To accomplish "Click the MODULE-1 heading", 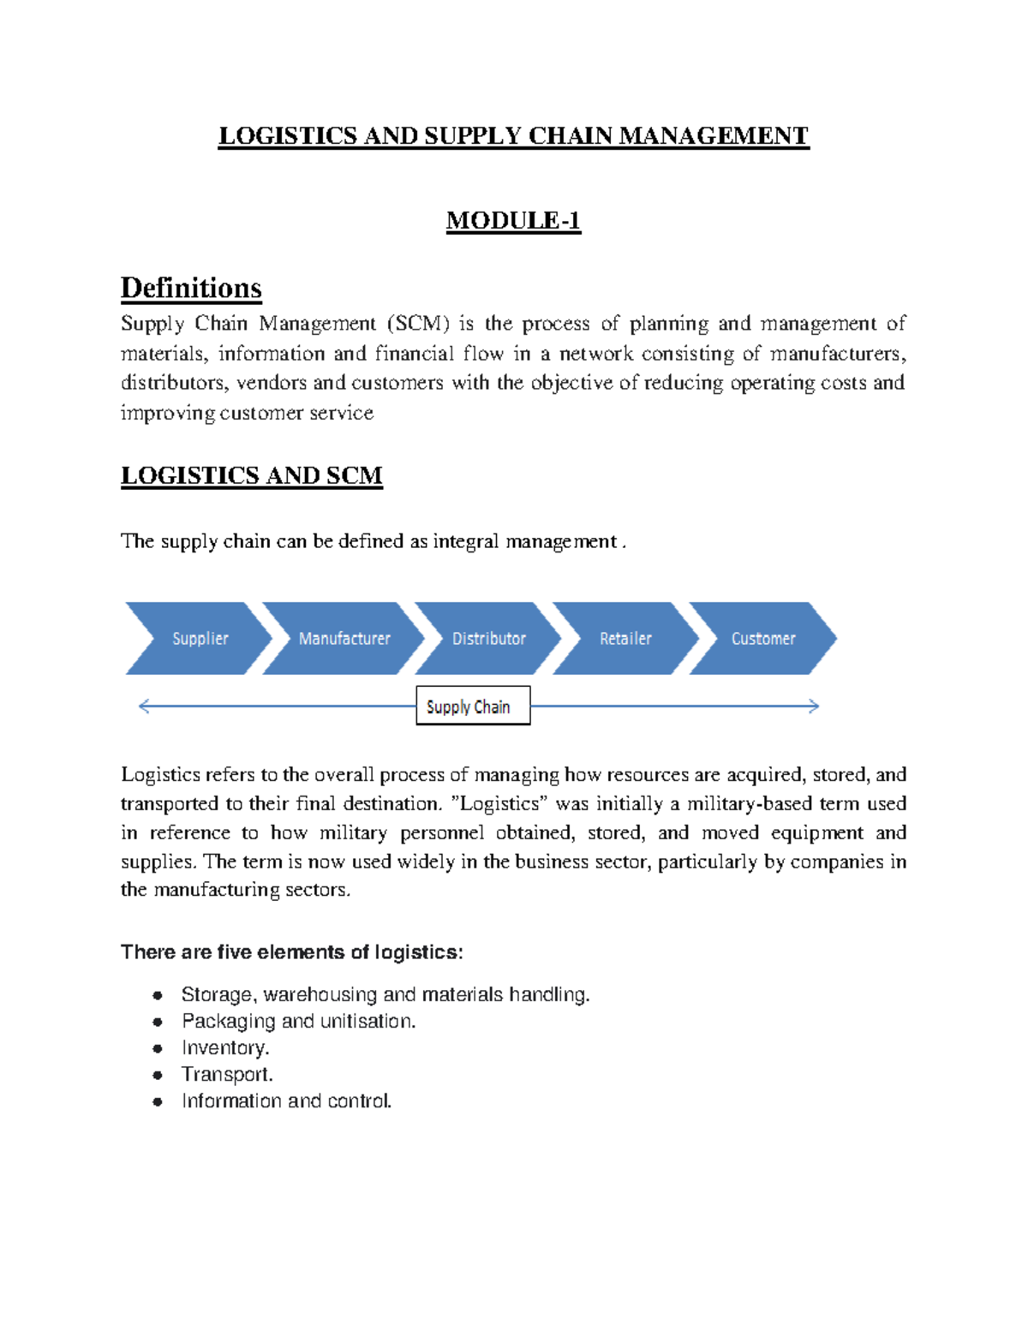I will click(x=513, y=221).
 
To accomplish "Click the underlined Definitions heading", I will click(x=191, y=288).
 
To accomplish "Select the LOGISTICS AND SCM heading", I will click(x=252, y=475).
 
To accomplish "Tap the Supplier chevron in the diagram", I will click(x=199, y=639).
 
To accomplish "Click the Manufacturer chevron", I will click(x=344, y=639).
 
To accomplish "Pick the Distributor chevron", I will click(x=488, y=639).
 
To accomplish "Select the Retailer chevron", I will click(x=625, y=639).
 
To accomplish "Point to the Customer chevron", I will click(x=762, y=639).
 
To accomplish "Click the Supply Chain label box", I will click(x=473, y=707).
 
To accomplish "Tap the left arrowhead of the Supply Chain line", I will click(x=144, y=707).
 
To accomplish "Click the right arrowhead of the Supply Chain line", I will click(x=814, y=707).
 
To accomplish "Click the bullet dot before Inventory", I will click(x=158, y=1048).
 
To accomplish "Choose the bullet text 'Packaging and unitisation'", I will click(x=298, y=1022).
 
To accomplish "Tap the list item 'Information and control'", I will click(x=286, y=1101).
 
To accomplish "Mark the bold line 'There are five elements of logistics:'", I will click(x=292, y=952).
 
